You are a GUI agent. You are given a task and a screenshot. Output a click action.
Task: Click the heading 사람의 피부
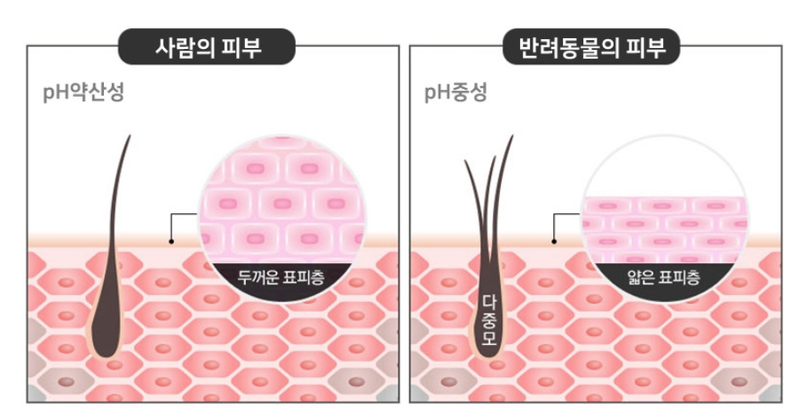click(x=208, y=46)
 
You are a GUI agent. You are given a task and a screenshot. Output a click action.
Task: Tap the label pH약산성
click(x=83, y=91)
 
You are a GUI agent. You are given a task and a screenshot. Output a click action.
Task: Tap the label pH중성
click(x=455, y=91)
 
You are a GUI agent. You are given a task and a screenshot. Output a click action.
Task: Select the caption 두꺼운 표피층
click(x=281, y=276)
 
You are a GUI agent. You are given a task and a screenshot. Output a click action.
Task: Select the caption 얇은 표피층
click(x=662, y=276)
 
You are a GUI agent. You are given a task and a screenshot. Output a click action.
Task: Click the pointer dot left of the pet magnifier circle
click(x=555, y=241)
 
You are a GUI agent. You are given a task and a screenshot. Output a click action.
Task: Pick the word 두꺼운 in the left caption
click(x=257, y=276)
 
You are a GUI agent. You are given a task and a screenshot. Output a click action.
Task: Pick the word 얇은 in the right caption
click(x=642, y=276)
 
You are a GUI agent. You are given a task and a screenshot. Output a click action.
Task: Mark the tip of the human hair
click(x=130, y=137)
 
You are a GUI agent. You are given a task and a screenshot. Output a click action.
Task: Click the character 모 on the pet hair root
click(x=488, y=338)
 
